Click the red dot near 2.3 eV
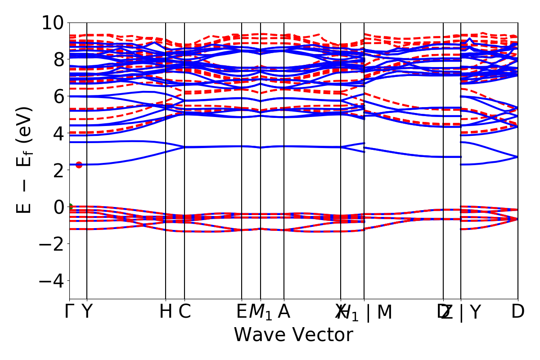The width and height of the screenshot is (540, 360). pos(79,165)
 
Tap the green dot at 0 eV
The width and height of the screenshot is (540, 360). pos(70,207)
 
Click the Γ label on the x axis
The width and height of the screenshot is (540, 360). pos(69,312)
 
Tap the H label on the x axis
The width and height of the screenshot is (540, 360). pos(166,312)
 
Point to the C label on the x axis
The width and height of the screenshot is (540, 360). pos(184,312)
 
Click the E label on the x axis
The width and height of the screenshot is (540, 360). pos(242,312)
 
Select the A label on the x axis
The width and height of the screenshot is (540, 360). pos(283,312)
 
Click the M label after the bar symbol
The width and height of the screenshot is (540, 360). pos(384,312)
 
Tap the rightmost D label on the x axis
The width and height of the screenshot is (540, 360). pos(518,312)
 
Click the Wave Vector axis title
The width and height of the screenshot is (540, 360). pos(293,335)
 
